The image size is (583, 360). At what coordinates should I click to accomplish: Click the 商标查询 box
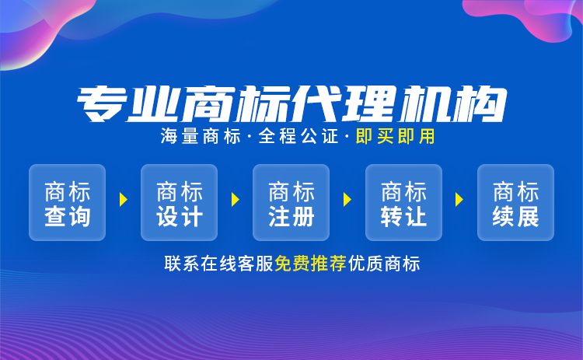(x=68, y=202)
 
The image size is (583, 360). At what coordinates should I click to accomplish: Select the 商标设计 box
(x=180, y=202)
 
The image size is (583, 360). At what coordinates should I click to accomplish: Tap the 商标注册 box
(x=291, y=202)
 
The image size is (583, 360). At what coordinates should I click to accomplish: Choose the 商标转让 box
(x=403, y=202)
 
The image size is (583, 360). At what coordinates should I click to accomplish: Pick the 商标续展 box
(x=515, y=202)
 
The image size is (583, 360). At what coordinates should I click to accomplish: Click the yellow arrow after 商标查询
(x=124, y=200)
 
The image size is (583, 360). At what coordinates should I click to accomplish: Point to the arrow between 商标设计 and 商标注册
(x=236, y=200)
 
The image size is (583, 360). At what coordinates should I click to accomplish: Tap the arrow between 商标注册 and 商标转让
(x=347, y=200)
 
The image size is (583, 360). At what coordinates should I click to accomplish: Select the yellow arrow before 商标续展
(x=459, y=200)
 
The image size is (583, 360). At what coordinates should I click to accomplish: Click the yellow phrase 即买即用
(x=395, y=137)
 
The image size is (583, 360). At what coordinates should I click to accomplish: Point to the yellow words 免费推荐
(x=310, y=264)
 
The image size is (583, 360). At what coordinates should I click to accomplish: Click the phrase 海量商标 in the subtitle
(x=201, y=137)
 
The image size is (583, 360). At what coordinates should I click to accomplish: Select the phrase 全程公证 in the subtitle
(x=298, y=137)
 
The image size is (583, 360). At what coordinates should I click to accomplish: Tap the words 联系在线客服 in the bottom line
(x=219, y=264)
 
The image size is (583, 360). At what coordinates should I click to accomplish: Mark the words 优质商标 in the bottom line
(x=384, y=264)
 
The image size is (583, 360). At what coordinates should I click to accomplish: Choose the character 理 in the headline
(x=368, y=104)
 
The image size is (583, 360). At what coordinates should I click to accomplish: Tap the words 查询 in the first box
(x=68, y=216)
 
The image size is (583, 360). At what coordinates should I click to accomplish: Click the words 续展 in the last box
(x=515, y=216)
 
